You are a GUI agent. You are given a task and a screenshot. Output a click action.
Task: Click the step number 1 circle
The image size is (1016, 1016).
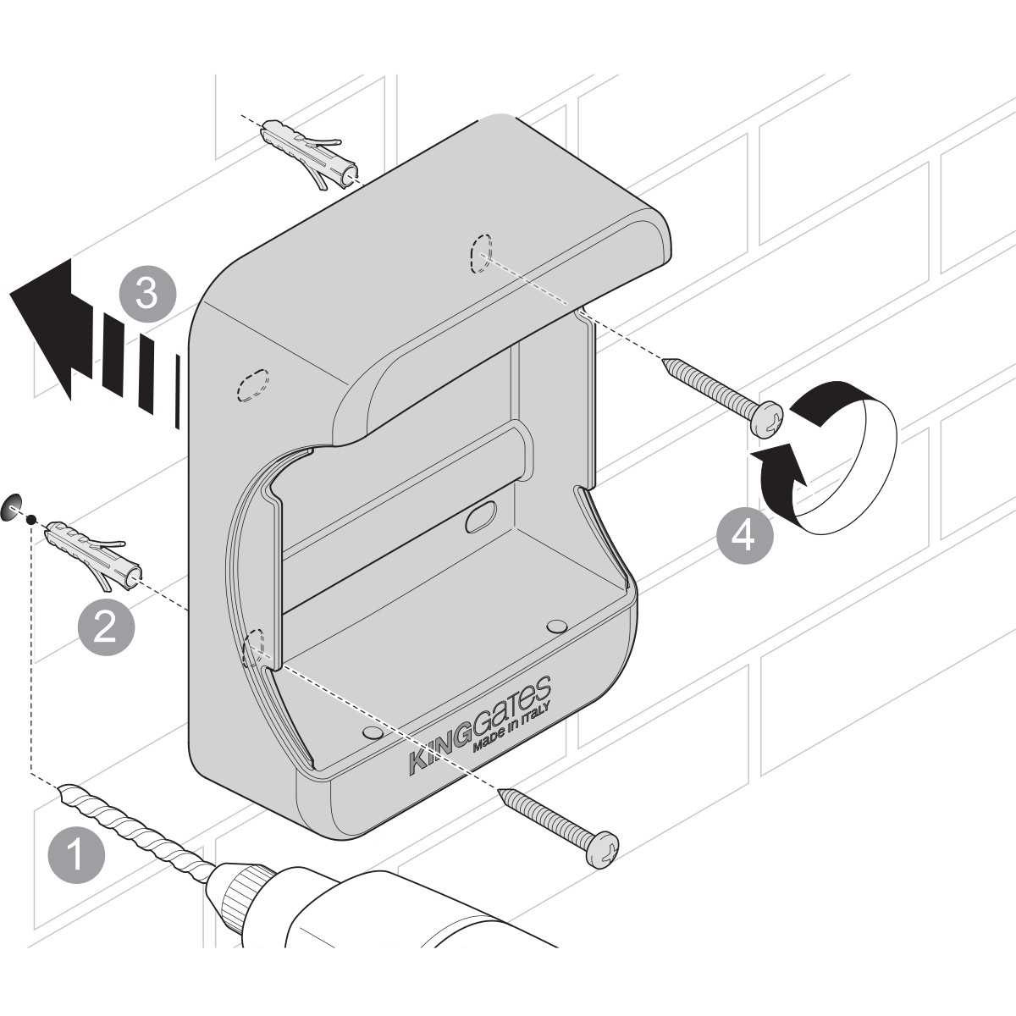(76, 855)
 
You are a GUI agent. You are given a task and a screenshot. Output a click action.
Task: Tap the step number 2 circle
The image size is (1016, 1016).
(106, 627)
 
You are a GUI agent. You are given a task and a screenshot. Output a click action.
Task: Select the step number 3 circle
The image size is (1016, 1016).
(147, 294)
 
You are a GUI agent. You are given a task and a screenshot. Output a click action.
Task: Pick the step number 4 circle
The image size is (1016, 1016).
(744, 536)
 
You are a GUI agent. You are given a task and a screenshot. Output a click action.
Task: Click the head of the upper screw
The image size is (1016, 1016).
(767, 418)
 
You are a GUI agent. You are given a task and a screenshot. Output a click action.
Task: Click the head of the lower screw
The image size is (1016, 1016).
(602, 849)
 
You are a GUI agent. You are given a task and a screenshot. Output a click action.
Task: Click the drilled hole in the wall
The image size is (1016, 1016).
(12, 508)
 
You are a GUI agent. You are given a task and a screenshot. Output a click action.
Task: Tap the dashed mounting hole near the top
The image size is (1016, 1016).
(480, 253)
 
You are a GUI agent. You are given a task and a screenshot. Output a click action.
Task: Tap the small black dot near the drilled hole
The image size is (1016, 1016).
(31, 519)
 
